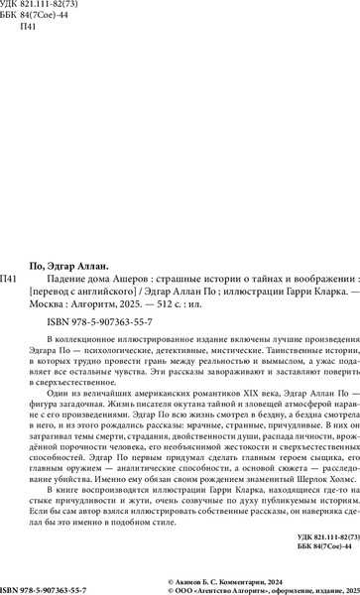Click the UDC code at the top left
coord(40,7)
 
